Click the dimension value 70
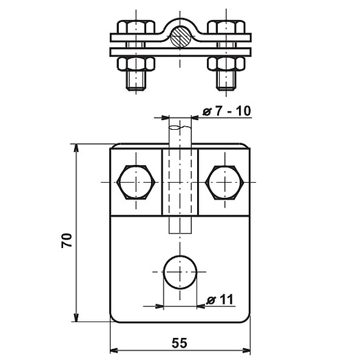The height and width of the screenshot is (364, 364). tap(67, 240)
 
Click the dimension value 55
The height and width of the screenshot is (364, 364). tap(180, 343)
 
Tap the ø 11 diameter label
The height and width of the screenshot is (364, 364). tap(220, 300)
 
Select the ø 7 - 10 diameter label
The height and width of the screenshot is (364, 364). tap(227, 111)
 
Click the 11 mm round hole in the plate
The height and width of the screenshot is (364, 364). tap(180, 272)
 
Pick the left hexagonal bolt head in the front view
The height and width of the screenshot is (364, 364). tap(136, 182)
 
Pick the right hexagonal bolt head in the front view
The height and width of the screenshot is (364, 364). tap(224, 182)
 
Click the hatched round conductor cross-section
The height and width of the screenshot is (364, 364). tap(180, 36)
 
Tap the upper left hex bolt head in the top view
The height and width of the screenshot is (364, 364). tap(136, 27)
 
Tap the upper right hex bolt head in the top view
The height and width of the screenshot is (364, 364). tap(226, 27)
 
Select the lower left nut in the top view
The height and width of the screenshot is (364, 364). tap(136, 63)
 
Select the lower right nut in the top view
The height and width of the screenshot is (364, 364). tap(226, 63)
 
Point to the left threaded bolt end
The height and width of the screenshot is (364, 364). tap(136, 80)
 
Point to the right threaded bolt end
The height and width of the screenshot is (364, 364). tap(226, 80)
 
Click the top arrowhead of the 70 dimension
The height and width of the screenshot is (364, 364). tap(76, 149)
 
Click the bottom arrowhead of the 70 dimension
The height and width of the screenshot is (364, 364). tap(76, 317)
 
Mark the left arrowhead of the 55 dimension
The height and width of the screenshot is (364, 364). tap(114, 350)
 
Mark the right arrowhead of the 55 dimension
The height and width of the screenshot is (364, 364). tap(246, 350)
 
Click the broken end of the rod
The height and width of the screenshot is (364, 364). tap(180, 127)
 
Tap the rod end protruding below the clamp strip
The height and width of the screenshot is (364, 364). tap(180, 224)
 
